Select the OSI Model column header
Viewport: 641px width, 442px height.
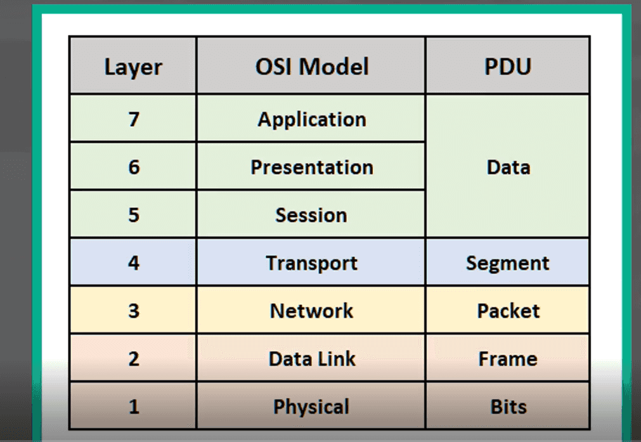point(312,66)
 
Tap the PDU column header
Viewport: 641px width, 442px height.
point(508,66)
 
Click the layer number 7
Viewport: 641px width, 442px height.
point(134,119)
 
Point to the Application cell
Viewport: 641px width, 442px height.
point(312,120)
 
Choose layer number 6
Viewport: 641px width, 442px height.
point(134,167)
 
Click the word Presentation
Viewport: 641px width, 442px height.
point(312,167)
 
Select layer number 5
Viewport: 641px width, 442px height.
point(134,215)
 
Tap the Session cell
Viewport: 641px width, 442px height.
point(311,215)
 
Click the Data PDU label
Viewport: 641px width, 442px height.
point(508,167)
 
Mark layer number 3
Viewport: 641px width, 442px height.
point(134,311)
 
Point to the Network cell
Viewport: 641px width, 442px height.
point(311,311)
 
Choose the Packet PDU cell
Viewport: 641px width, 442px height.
point(508,311)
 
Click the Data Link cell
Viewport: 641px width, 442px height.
point(312,358)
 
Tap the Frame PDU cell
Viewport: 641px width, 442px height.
point(508,358)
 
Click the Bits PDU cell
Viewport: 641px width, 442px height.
point(508,406)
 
